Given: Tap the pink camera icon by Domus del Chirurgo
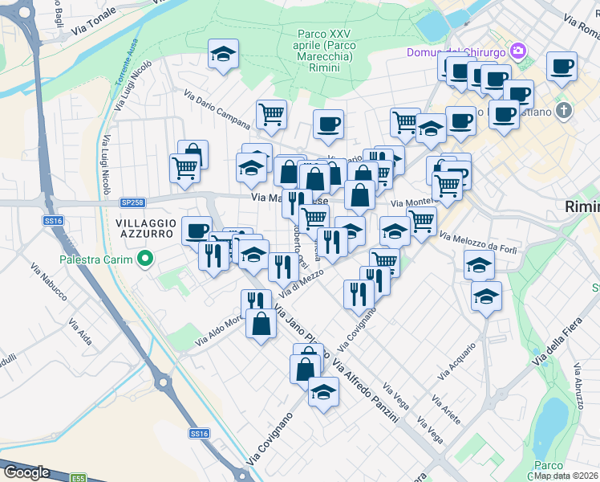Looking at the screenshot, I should pyautogui.click(x=518, y=51).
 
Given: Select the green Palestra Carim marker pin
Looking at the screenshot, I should pyautogui.click(x=144, y=259).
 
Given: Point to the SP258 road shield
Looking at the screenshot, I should pyautogui.click(x=131, y=201).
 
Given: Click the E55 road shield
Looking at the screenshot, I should pyautogui.click(x=79, y=477).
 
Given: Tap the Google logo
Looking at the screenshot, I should pyautogui.click(x=26, y=472).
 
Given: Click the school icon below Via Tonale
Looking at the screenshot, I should pyautogui.click(x=222, y=55).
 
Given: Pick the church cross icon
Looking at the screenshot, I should pyautogui.click(x=564, y=110).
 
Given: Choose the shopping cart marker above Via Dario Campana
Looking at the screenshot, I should pyautogui.click(x=272, y=114).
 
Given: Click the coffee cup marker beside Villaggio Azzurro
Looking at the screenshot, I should pyautogui.click(x=197, y=231).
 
